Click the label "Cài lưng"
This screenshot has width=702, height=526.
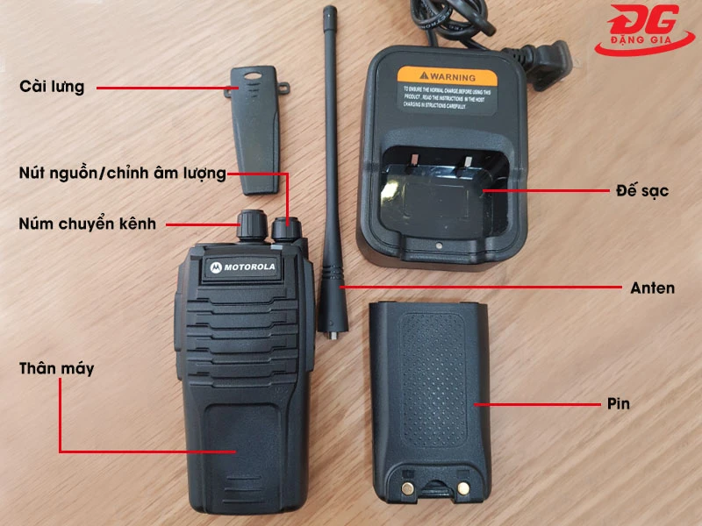click(x=52, y=87)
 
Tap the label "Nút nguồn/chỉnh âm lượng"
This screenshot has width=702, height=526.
click(x=122, y=173)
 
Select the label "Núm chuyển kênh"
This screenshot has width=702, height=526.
click(x=87, y=224)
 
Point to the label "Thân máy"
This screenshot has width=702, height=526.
click(x=56, y=368)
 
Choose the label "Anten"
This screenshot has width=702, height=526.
click(x=652, y=287)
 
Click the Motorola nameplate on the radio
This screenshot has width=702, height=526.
click(x=243, y=267)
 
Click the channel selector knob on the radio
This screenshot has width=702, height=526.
click(x=248, y=225)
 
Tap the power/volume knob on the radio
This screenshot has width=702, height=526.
click(x=285, y=229)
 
